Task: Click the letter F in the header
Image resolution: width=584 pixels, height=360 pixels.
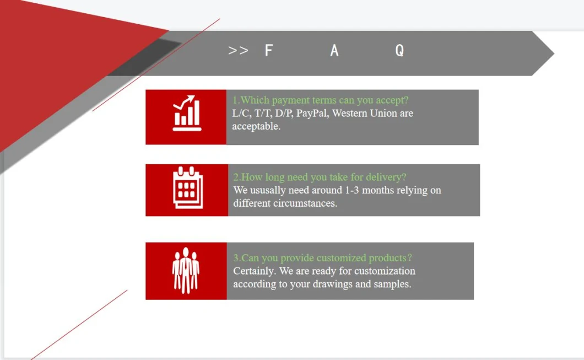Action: tap(268, 50)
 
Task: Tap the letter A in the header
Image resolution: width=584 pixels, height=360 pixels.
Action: tap(334, 50)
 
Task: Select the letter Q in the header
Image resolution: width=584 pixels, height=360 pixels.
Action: tap(399, 50)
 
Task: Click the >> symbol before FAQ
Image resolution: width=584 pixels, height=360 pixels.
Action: tap(238, 50)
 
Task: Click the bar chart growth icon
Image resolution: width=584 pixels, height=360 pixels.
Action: tap(187, 113)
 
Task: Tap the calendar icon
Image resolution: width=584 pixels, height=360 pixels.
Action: tap(188, 187)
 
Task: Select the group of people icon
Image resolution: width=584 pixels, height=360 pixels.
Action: tap(186, 271)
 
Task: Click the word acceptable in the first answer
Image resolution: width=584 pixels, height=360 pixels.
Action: tap(256, 126)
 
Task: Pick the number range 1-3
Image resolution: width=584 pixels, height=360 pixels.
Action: tap(352, 190)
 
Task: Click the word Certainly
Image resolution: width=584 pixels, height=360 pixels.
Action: tap(255, 271)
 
